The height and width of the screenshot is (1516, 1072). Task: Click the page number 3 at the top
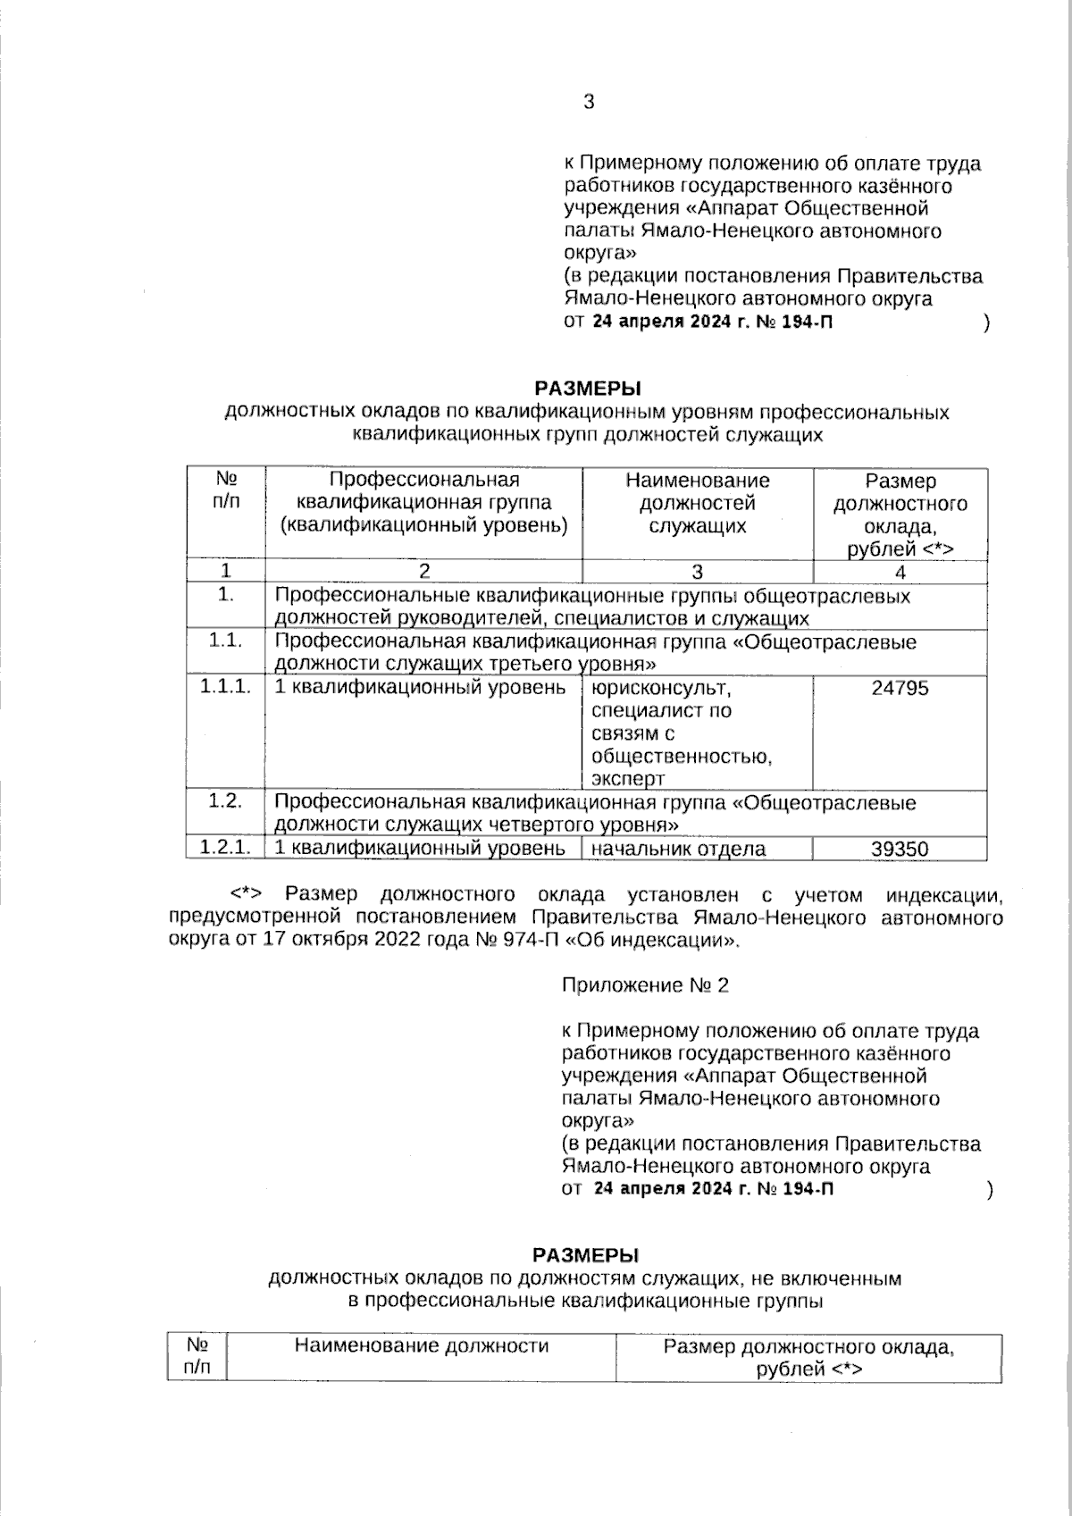point(589,102)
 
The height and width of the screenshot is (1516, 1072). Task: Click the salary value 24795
point(900,688)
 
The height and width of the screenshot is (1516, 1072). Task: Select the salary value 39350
point(900,849)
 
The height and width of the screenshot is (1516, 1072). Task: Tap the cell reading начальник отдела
point(679,849)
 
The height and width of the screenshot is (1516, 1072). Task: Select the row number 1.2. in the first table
point(225,801)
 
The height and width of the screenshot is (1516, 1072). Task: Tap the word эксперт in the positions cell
point(628,778)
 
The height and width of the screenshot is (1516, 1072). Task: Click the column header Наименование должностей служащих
point(697,503)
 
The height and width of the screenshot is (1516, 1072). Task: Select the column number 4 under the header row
point(900,573)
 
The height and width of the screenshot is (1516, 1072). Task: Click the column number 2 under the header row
point(424,573)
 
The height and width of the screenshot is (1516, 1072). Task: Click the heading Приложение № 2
point(645,985)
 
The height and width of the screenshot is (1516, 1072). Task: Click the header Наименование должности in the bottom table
point(421,1346)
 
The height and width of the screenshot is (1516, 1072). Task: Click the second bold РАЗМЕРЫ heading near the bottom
point(585,1255)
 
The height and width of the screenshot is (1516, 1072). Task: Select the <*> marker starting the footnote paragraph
point(250,894)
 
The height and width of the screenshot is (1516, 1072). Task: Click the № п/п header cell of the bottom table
point(197,1356)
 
